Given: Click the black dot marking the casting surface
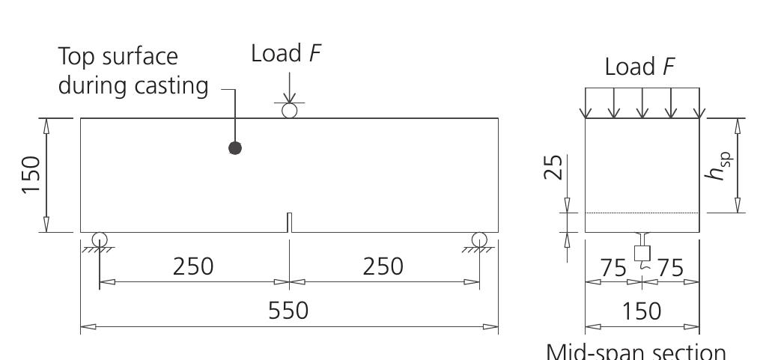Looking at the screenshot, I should point(235,148).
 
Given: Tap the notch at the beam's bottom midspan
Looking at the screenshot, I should point(289,223).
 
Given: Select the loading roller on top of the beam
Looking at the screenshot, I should point(289,111).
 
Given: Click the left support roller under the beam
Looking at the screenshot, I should point(99,240).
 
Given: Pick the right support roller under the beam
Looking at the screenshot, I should point(479,240).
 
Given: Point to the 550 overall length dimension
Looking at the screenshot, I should point(288,310).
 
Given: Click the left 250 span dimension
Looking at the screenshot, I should point(193,266).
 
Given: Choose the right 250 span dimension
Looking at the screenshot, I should point(383,266).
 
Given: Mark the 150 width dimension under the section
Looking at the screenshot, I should point(642,311).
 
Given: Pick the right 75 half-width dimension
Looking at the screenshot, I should point(670,268).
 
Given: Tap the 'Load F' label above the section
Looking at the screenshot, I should point(640,67).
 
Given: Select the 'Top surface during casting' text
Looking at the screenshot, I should point(133,71).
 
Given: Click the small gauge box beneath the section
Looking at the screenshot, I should point(642,252).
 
